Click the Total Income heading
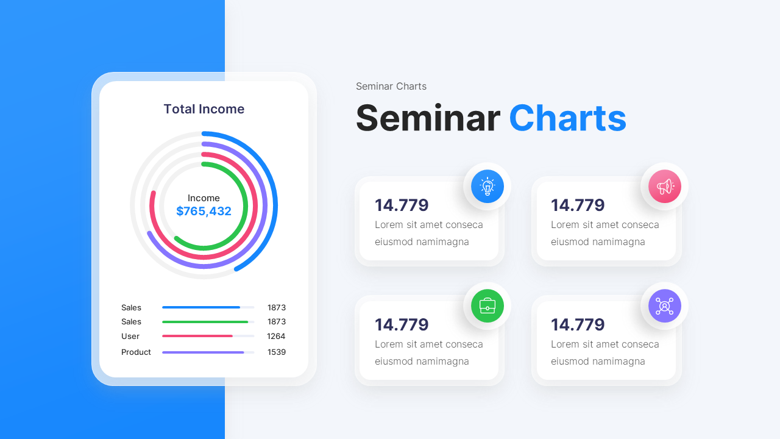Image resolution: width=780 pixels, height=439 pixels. pos(204,109)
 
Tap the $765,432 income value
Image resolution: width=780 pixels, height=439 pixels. pos(204,212)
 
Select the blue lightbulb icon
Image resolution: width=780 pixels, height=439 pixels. pos(487,186)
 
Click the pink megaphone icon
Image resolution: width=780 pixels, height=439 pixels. pos(664,186)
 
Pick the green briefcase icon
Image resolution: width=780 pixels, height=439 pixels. pos(487,305)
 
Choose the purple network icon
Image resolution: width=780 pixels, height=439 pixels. pos(664,305)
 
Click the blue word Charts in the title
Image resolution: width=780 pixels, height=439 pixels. pos(567,118)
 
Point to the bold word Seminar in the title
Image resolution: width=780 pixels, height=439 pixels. pos(428,118)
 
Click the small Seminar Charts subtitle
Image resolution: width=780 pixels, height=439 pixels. pos(391,87)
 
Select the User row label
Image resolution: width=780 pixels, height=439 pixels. pos(130,337)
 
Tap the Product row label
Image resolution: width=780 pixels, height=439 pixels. pos(136,352)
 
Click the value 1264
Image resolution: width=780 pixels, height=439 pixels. pos(276,337)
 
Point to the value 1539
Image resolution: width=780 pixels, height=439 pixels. pos(277,352)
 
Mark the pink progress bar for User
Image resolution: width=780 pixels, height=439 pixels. pos(197,336)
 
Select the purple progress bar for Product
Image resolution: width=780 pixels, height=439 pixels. pos(203,352)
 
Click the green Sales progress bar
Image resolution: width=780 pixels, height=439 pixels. pos(205,322)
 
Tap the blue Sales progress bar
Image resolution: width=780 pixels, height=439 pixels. pos(201,307)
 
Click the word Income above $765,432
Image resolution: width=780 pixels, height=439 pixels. pos(204,198)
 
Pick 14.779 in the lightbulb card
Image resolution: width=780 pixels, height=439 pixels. pos(402,205)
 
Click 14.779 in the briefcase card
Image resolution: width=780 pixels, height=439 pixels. pos(402,325)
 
